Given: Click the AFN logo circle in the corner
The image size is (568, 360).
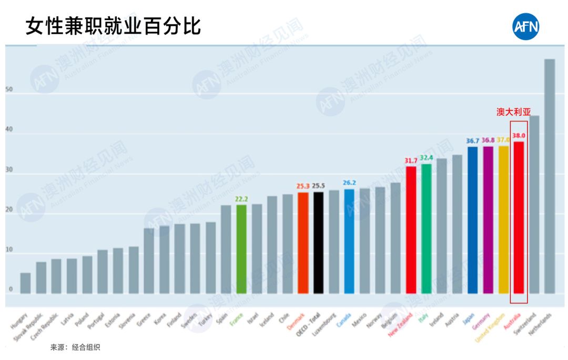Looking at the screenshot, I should point(526,27).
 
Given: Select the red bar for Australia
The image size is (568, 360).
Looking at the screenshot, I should point(519,217).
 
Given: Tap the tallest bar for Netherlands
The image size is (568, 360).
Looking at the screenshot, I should point(550,176).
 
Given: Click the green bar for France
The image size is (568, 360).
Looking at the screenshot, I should point(241,248).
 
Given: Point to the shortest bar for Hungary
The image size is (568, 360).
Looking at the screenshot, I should point(25,283).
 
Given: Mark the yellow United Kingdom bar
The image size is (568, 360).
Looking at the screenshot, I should point(503,219).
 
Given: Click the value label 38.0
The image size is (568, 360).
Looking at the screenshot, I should point(519,136).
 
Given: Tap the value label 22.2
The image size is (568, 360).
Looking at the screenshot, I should point(241,199).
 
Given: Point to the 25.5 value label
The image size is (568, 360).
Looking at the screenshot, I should point(318,186).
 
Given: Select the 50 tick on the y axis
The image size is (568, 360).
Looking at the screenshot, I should point(9,89).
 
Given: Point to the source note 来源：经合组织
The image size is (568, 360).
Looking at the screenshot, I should point(75,348).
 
